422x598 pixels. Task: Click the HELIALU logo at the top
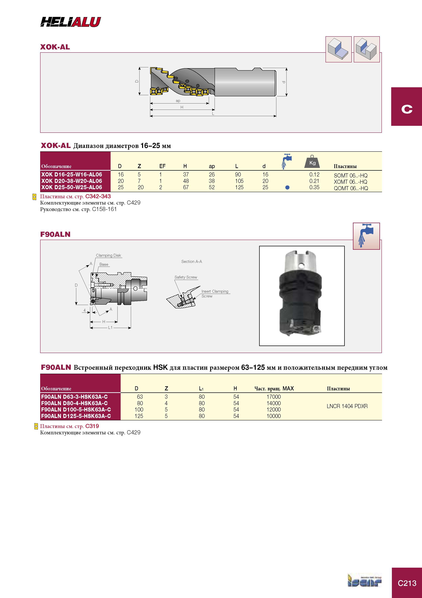pyautogui.click(x=70, y=22)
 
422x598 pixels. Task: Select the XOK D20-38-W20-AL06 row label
pyautogui.click(x=71, y=181)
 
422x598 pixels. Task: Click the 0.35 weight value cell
pyautogui.click(x=314, y=187)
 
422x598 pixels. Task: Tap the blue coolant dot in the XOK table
pyautogui.click(x=287, y=188)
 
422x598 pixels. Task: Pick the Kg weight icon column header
pyautogui.click(x=312, y=162)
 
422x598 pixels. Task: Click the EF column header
pyautogui.click(x=162, y=166)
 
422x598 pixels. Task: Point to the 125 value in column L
pyautogui.click(x=239, y=187)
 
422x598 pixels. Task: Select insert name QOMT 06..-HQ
pyautogui.click(x=351, y=188)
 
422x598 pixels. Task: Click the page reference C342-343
pyautogui.click(x=98, y=196)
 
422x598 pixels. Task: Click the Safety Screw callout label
pyautogui.click(x=186, y=277)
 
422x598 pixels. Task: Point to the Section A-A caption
pyautogui.click(x=192, y=261)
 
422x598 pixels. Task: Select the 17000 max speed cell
pyautogui.click(x=273, y=397)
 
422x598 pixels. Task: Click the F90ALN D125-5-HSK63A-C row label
pyautogui.click(x=76, y=416)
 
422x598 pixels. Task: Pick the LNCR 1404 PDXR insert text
pyautogui.click(x=347, y=406)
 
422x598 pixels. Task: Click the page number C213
pyautogui.click(x=407, y=583)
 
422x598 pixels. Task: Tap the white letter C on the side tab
pyautogui.click(x=407, y=109)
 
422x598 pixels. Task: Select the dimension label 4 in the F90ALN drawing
pyautogui.click(x=85, y=310)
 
